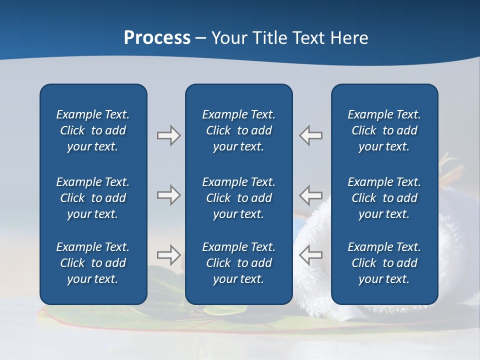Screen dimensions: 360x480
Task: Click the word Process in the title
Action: coord(157,38)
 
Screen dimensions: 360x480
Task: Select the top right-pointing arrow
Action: coord(168,135)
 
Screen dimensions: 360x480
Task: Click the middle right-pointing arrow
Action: coord(168,194)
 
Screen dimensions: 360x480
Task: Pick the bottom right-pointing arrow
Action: coord(168,255)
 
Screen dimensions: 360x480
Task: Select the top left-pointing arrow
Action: coord(311,135)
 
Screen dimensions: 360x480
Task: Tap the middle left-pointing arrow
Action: coord(311,194)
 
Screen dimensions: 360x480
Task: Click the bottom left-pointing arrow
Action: coord(311,255)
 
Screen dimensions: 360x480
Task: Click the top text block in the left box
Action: coord(93,130)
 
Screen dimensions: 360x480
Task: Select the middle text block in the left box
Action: coord(93,198)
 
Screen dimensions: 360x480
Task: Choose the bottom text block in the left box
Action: coord(93,263)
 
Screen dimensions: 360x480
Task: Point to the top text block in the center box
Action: coord(239,130)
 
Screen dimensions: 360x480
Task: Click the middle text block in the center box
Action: coord(239,198)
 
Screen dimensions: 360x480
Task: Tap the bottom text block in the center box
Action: coord(239,263)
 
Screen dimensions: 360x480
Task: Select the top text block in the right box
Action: coord(384,130)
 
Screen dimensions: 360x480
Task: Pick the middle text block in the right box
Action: coord(384,198)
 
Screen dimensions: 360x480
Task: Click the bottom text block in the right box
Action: coord(384,263)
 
